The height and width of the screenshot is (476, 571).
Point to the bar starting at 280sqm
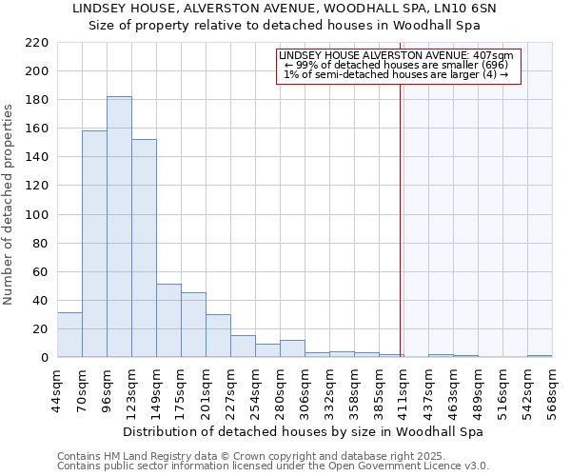(x=292, y=348)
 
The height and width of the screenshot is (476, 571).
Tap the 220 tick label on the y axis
(x=36, y=43)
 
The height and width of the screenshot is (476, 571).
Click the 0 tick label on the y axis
(x=44, y=358)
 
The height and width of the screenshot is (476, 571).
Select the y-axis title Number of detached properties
(x=9, y=200)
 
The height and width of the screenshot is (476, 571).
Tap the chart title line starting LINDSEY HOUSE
(x=285, y=8)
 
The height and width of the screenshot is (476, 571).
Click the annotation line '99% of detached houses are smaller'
(x=399, y=65)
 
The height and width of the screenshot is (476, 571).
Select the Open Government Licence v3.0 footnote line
(x=272, y=466)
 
